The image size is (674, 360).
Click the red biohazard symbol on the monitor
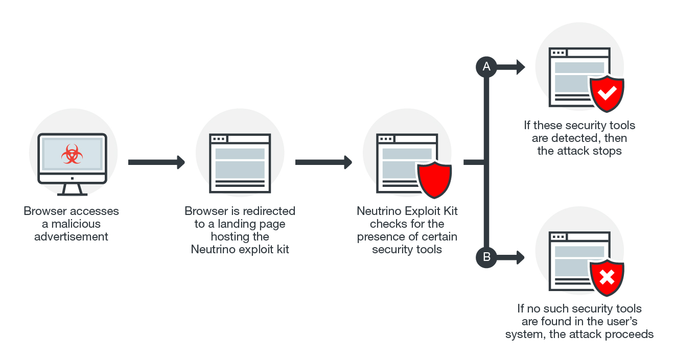tap(72, 154)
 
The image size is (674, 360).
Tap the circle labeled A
tap(486, 66)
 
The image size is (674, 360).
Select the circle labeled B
tap(486, 257)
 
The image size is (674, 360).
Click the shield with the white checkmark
tap(607, 93)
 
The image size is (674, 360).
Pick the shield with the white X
tap(607, 278)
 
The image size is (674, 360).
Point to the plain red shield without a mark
tap(434, 180)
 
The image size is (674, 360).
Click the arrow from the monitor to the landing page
tap(156, 162)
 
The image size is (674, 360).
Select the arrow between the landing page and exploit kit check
tap(323, 162)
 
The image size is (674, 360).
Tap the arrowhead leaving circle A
tap(520, 66)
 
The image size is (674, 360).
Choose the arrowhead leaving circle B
tap(520, 257)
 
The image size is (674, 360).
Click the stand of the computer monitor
tap(72, 190)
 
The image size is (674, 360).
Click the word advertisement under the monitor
tap(71, 236)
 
